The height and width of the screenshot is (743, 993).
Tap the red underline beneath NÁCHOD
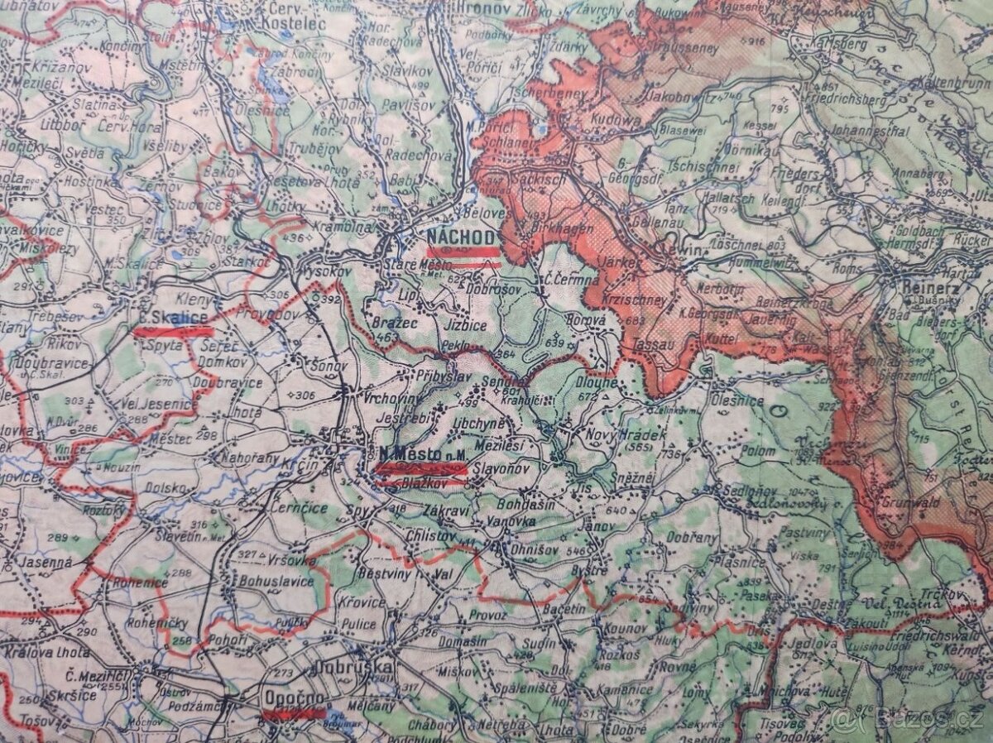click(x=463, y=252)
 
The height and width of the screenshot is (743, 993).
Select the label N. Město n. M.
click(x=418, y=453)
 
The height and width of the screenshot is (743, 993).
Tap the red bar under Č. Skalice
click(x=174, y=332)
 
